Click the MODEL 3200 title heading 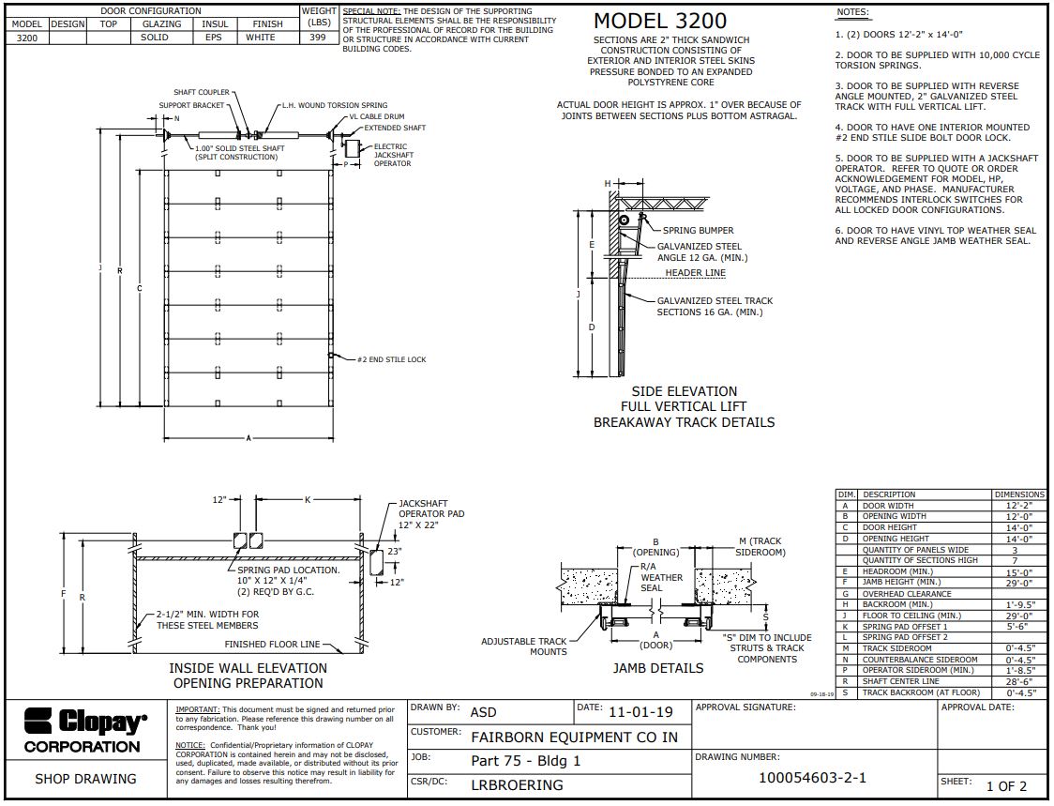[x=660, y=21]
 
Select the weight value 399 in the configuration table [x=318, y=38]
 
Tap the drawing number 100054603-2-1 [x=812, y=778]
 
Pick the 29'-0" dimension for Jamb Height [x=1019, y=583]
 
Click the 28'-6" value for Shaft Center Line [x=1019, y=681]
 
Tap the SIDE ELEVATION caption [x=684, y=391]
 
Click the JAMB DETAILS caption [x=657, y=668]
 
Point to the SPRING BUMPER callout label [x=698, y=230]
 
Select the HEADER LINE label [x=695, y=273]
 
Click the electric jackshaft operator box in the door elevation [x=354, y=149]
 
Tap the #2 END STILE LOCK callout [x=391, y=359]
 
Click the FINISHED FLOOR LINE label [x=271, y=645]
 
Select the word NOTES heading [x=851, y=12]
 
